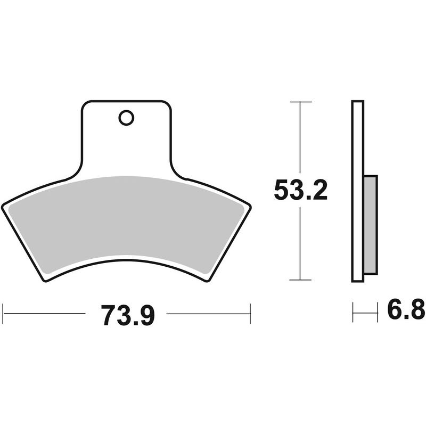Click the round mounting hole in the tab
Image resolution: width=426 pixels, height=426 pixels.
(126, 118)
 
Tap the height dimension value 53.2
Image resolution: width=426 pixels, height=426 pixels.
(300, 190)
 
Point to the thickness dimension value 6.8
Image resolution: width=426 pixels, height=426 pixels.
(406, 310)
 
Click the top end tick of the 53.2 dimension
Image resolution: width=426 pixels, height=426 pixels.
(301, 101)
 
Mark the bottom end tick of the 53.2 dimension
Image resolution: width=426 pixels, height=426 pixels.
(301, 280)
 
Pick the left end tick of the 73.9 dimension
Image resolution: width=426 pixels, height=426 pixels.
(4, 314)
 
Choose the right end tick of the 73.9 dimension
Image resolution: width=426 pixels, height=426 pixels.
(250, 314)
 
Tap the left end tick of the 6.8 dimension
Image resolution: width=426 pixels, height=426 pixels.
(353, 312)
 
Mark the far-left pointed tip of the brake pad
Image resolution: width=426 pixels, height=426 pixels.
(3, 207)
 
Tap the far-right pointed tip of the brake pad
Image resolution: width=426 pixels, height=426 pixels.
(250, 207)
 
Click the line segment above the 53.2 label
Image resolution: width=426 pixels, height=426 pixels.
(301, 138)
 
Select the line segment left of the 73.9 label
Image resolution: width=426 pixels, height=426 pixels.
(45, 314)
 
